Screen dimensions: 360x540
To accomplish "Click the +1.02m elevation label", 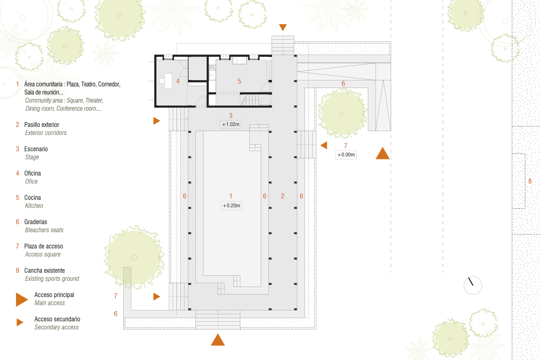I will click(230, 125).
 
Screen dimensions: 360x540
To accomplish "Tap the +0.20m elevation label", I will click(231, 206).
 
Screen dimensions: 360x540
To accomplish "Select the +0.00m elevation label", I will click(346, 155).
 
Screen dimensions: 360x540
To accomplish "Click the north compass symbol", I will click(473, 285).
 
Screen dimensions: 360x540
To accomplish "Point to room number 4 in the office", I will click(178, 81).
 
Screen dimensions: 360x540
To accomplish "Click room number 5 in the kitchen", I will click(239, 81).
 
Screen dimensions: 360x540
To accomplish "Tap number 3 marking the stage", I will click(231, 116).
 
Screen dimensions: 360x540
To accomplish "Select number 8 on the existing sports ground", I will click(530, 181).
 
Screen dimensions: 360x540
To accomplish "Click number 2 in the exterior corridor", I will click(283, 196).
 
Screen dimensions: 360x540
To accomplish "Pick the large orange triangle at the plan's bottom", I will click(218, 340).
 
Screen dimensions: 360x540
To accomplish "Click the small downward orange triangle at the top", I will click(283, 27).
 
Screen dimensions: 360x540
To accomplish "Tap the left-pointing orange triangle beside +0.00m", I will click(324, 145).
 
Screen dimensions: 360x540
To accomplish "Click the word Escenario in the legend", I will click(36, 149).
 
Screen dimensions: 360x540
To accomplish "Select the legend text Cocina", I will click(32, 198).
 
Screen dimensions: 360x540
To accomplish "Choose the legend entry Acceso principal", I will click(54, 295).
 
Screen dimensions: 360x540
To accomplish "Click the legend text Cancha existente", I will click(45, 271).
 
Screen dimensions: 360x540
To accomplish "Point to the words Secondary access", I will click(56, 327).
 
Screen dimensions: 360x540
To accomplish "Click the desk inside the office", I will click(168, 81).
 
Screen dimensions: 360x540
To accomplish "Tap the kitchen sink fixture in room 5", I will click(239, 60).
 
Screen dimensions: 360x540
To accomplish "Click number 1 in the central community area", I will click(231, 196).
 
